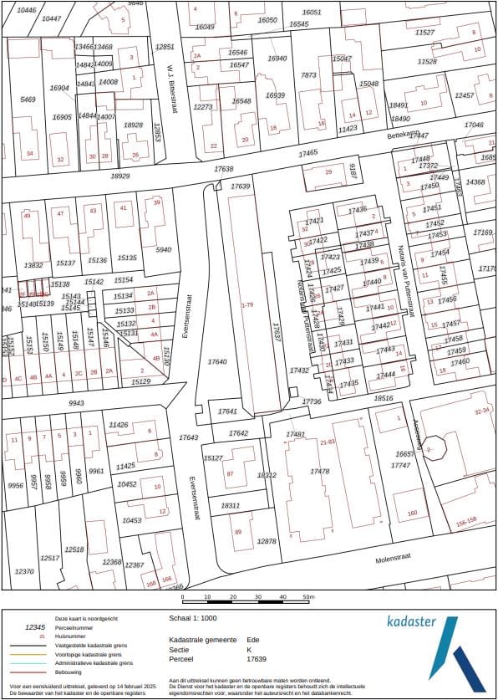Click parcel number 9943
point(76,403)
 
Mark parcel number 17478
point(319,472)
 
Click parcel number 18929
point(120,176)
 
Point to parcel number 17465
point(309,153)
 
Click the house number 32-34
point(481,411)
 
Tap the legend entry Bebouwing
point(69,672)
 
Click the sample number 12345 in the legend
point(35,626)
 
